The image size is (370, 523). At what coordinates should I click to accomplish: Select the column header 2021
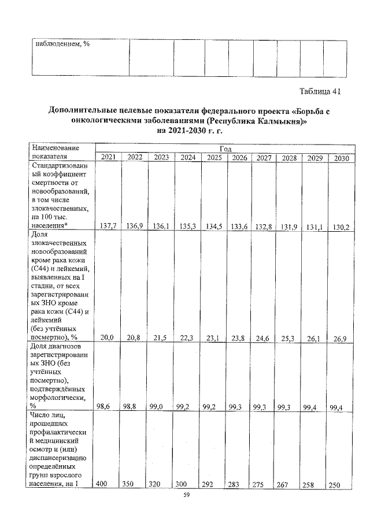point(108,157)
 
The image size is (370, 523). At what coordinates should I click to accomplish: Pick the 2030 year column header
point(339,158)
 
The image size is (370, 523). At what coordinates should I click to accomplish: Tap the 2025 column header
point(214,157)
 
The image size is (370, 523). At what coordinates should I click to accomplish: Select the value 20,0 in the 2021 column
point(108,337)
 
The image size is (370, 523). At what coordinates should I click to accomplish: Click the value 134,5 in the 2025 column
point(214,227)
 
